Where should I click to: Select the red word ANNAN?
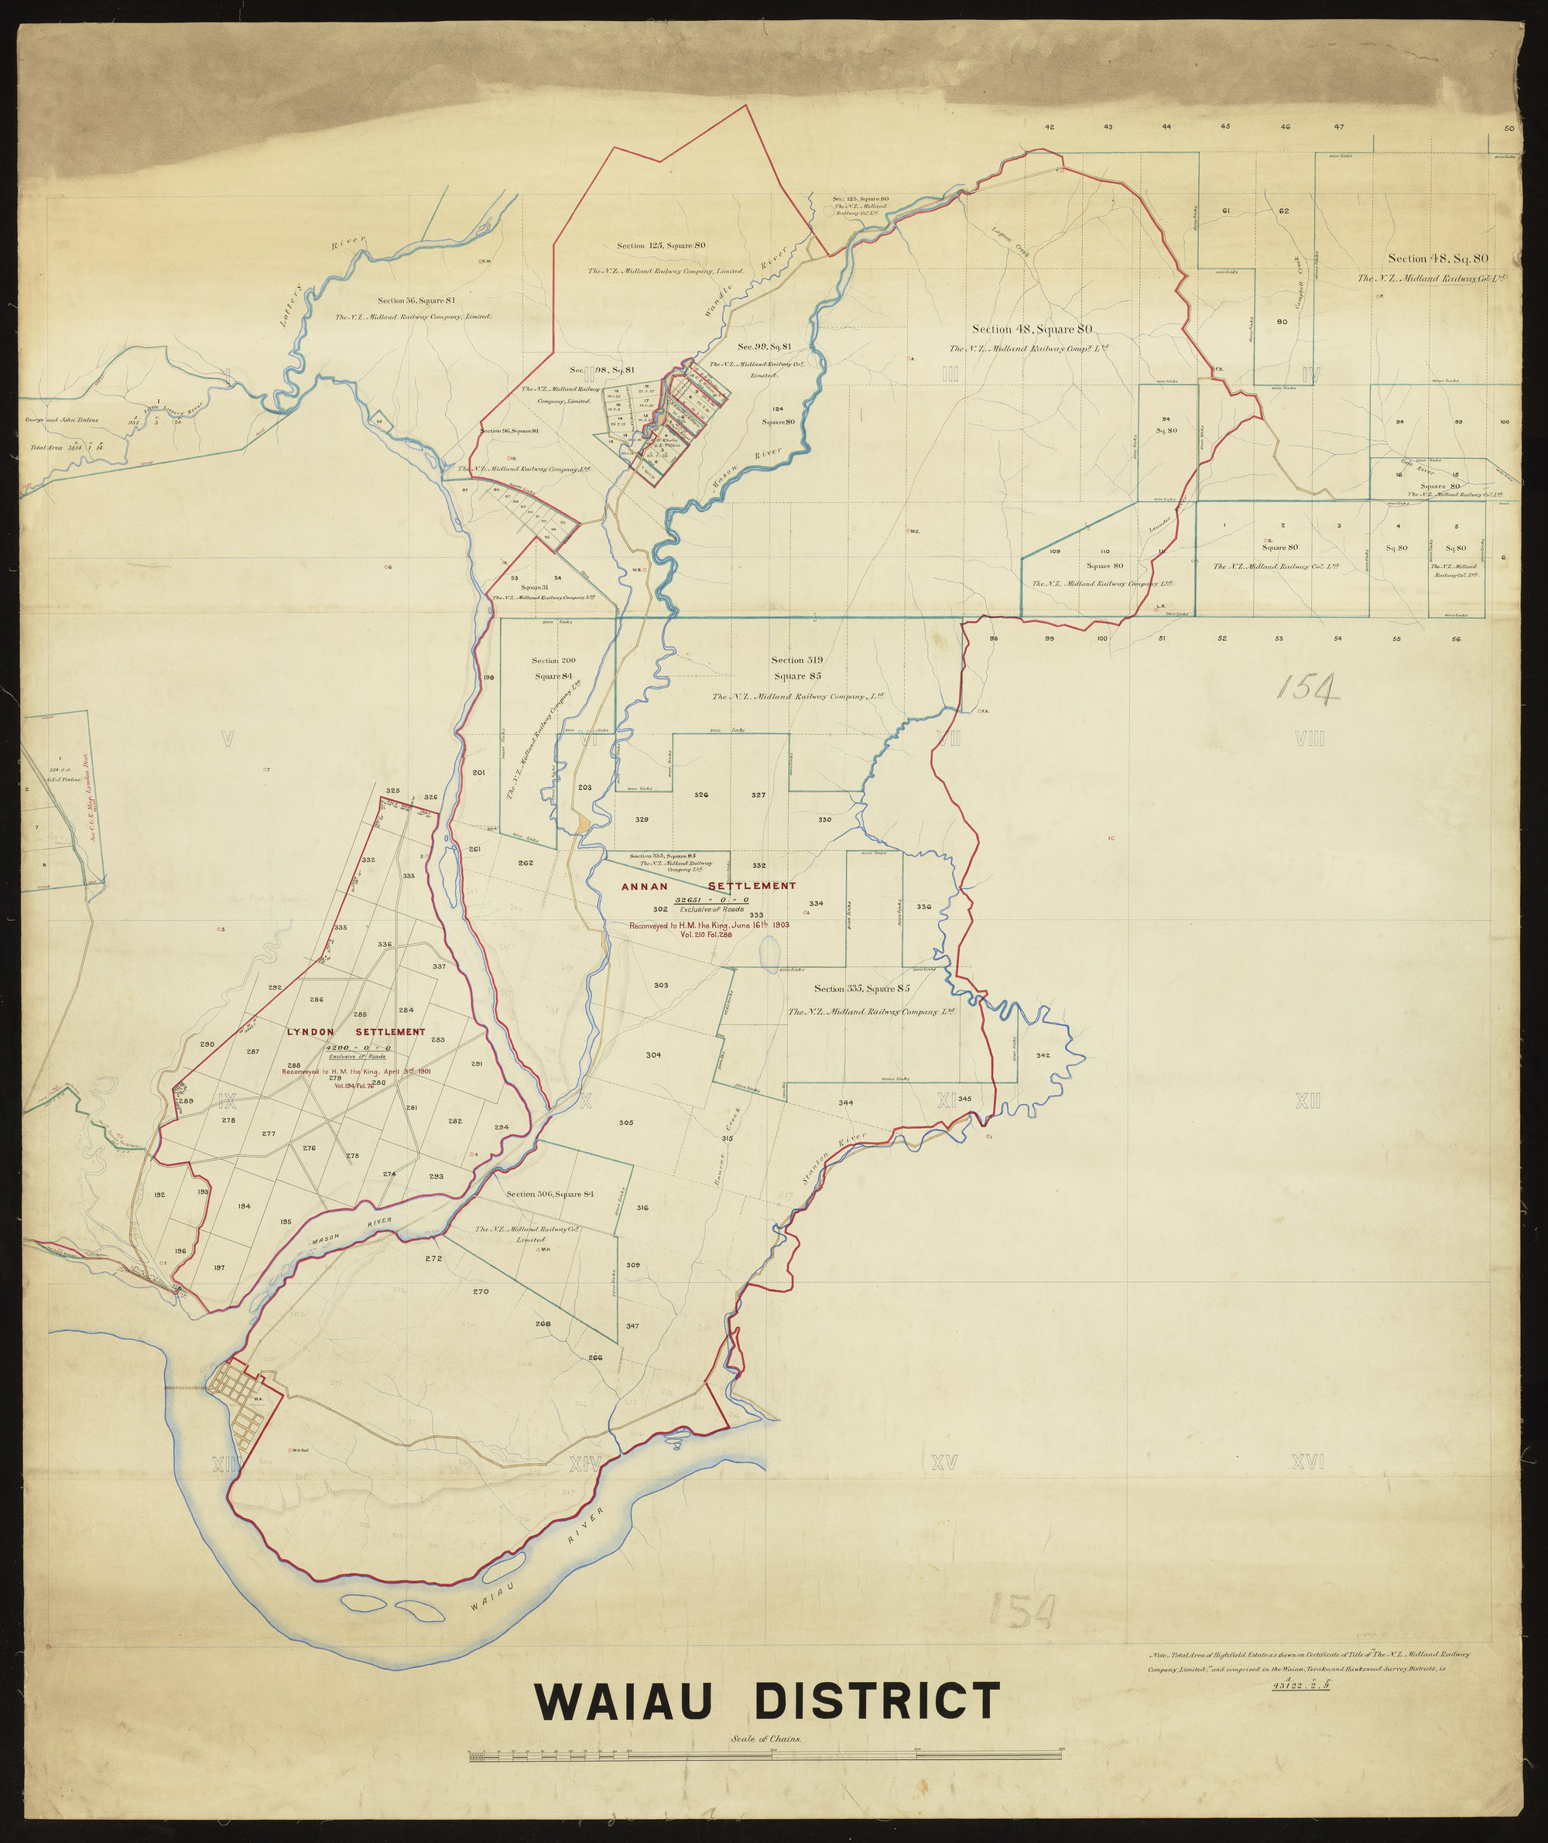(x=646, y=887)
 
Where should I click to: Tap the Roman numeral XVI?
(x=1307, y=1462)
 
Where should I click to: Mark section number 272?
(x=433, y=1259)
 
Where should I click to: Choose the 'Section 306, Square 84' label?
(x=550, y=1194)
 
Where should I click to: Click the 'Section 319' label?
(x=797, y=660)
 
